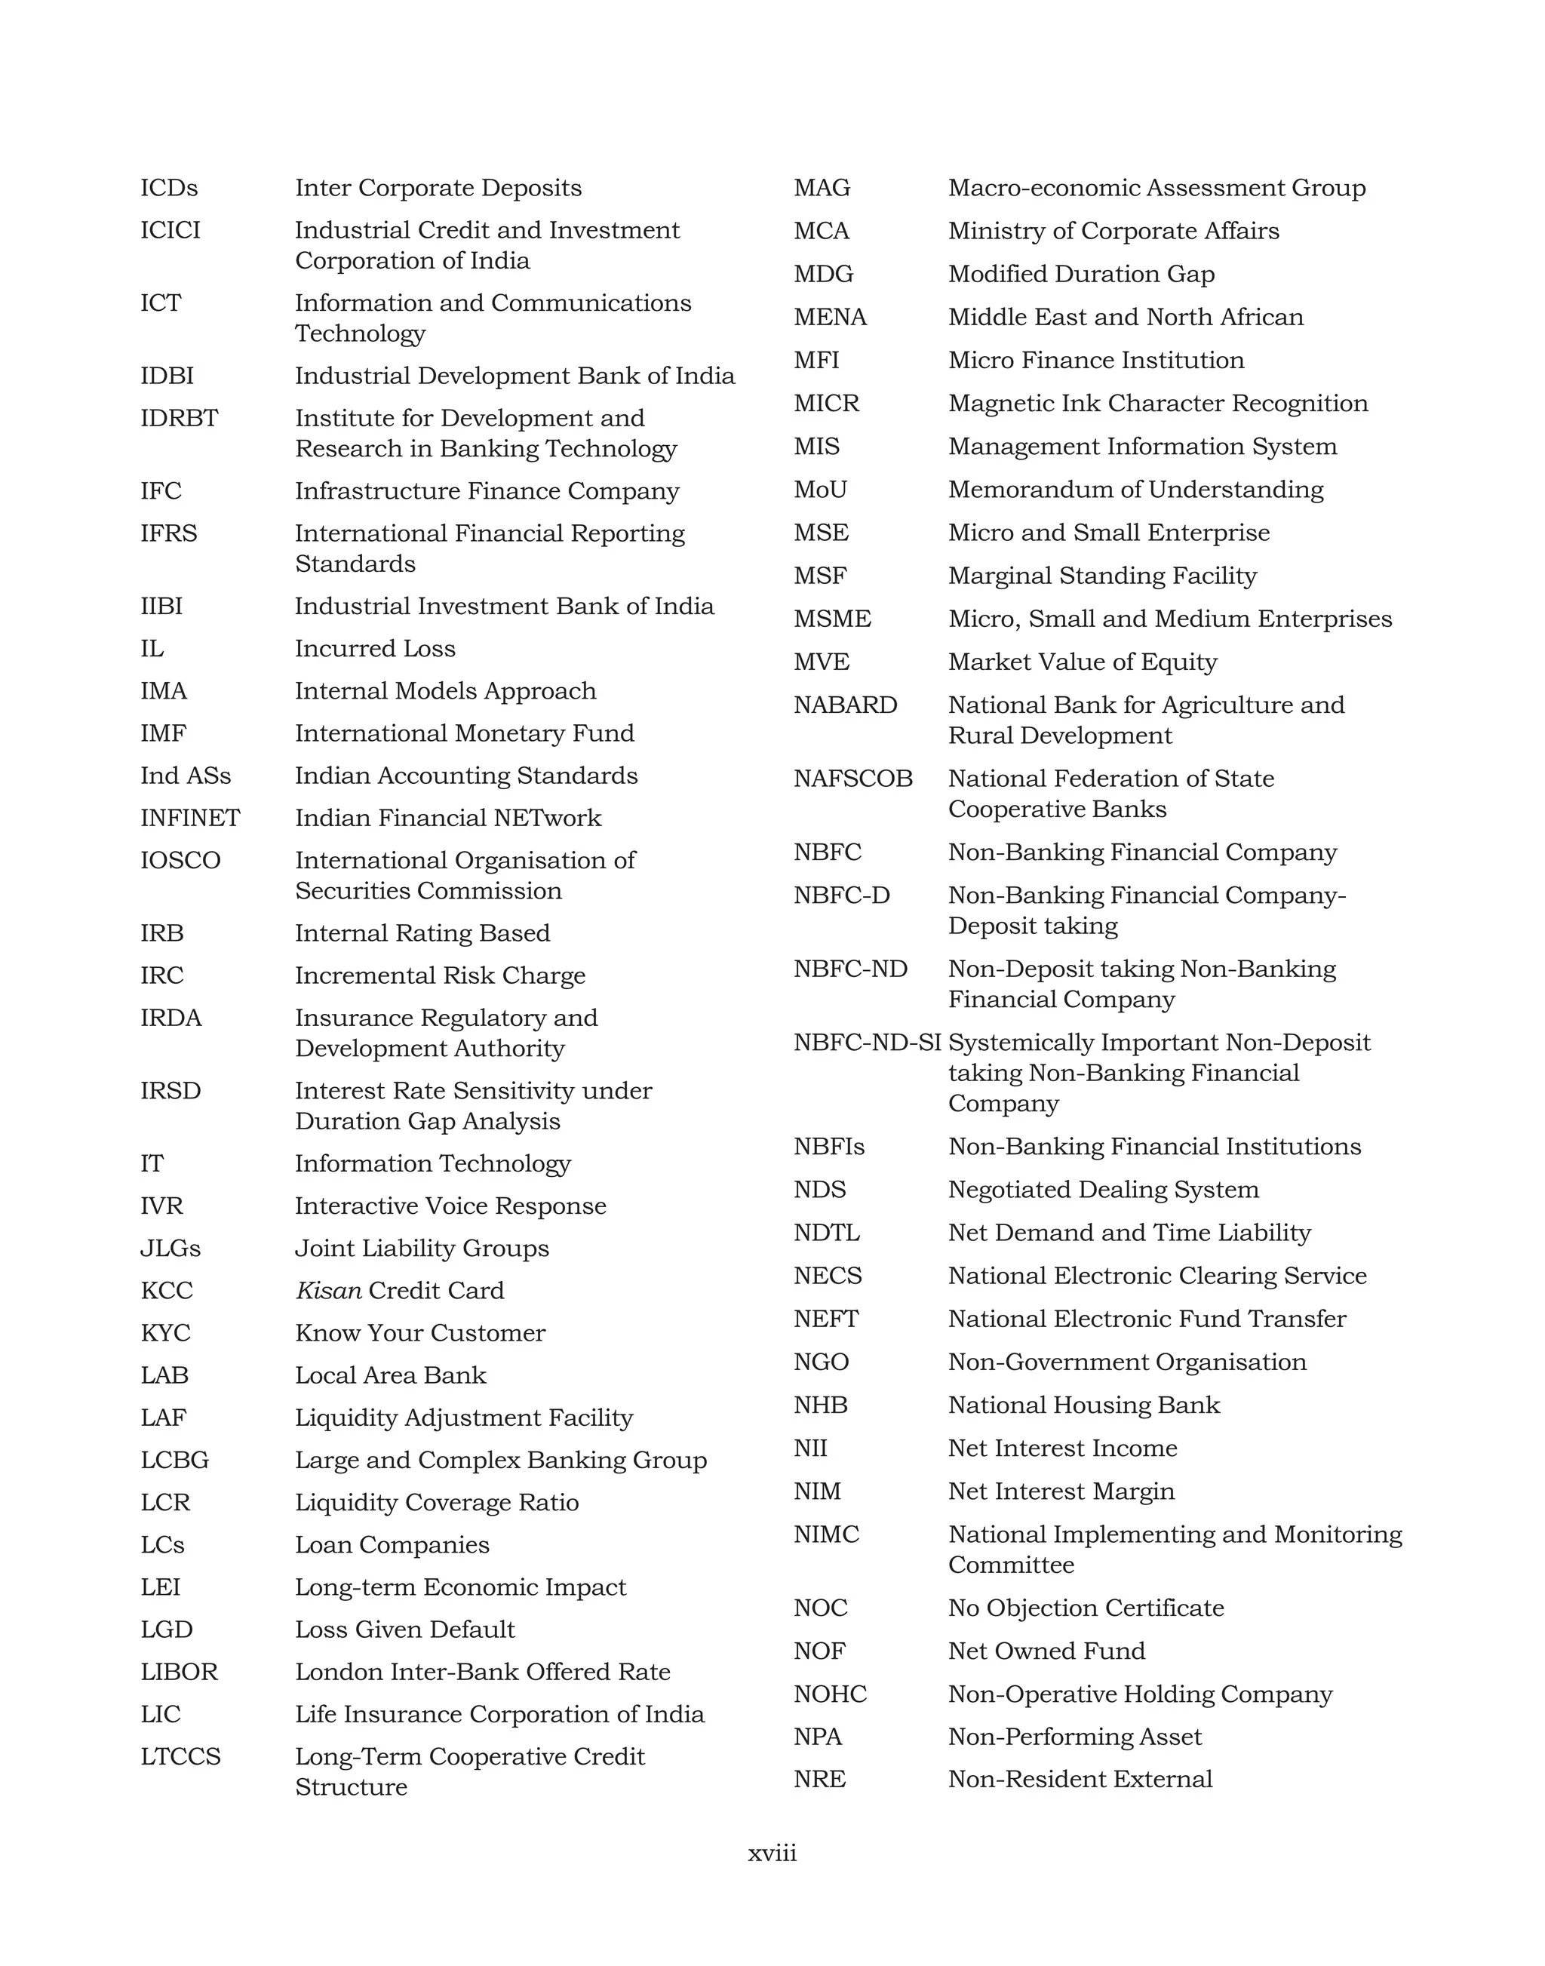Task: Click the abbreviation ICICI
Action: tap(170, 231)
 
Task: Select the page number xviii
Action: tap(772, 1853)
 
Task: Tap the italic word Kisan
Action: tap(328, 1290)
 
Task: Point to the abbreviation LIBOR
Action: tap(179, 1671)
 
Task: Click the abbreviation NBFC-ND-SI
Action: tap(867, 1043)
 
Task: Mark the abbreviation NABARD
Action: tap(845, 705)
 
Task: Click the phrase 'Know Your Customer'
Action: tap(419, 1333)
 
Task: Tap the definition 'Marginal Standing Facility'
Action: tap(1101, 576)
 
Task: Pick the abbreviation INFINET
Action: tap(190, 818)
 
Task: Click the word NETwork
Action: tap(558, 818)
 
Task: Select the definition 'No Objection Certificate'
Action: tap(1086, 1608)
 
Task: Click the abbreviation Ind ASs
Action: tap(186, 776)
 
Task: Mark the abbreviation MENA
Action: tap(830, 318)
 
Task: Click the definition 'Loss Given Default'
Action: tap(404, 1630)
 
